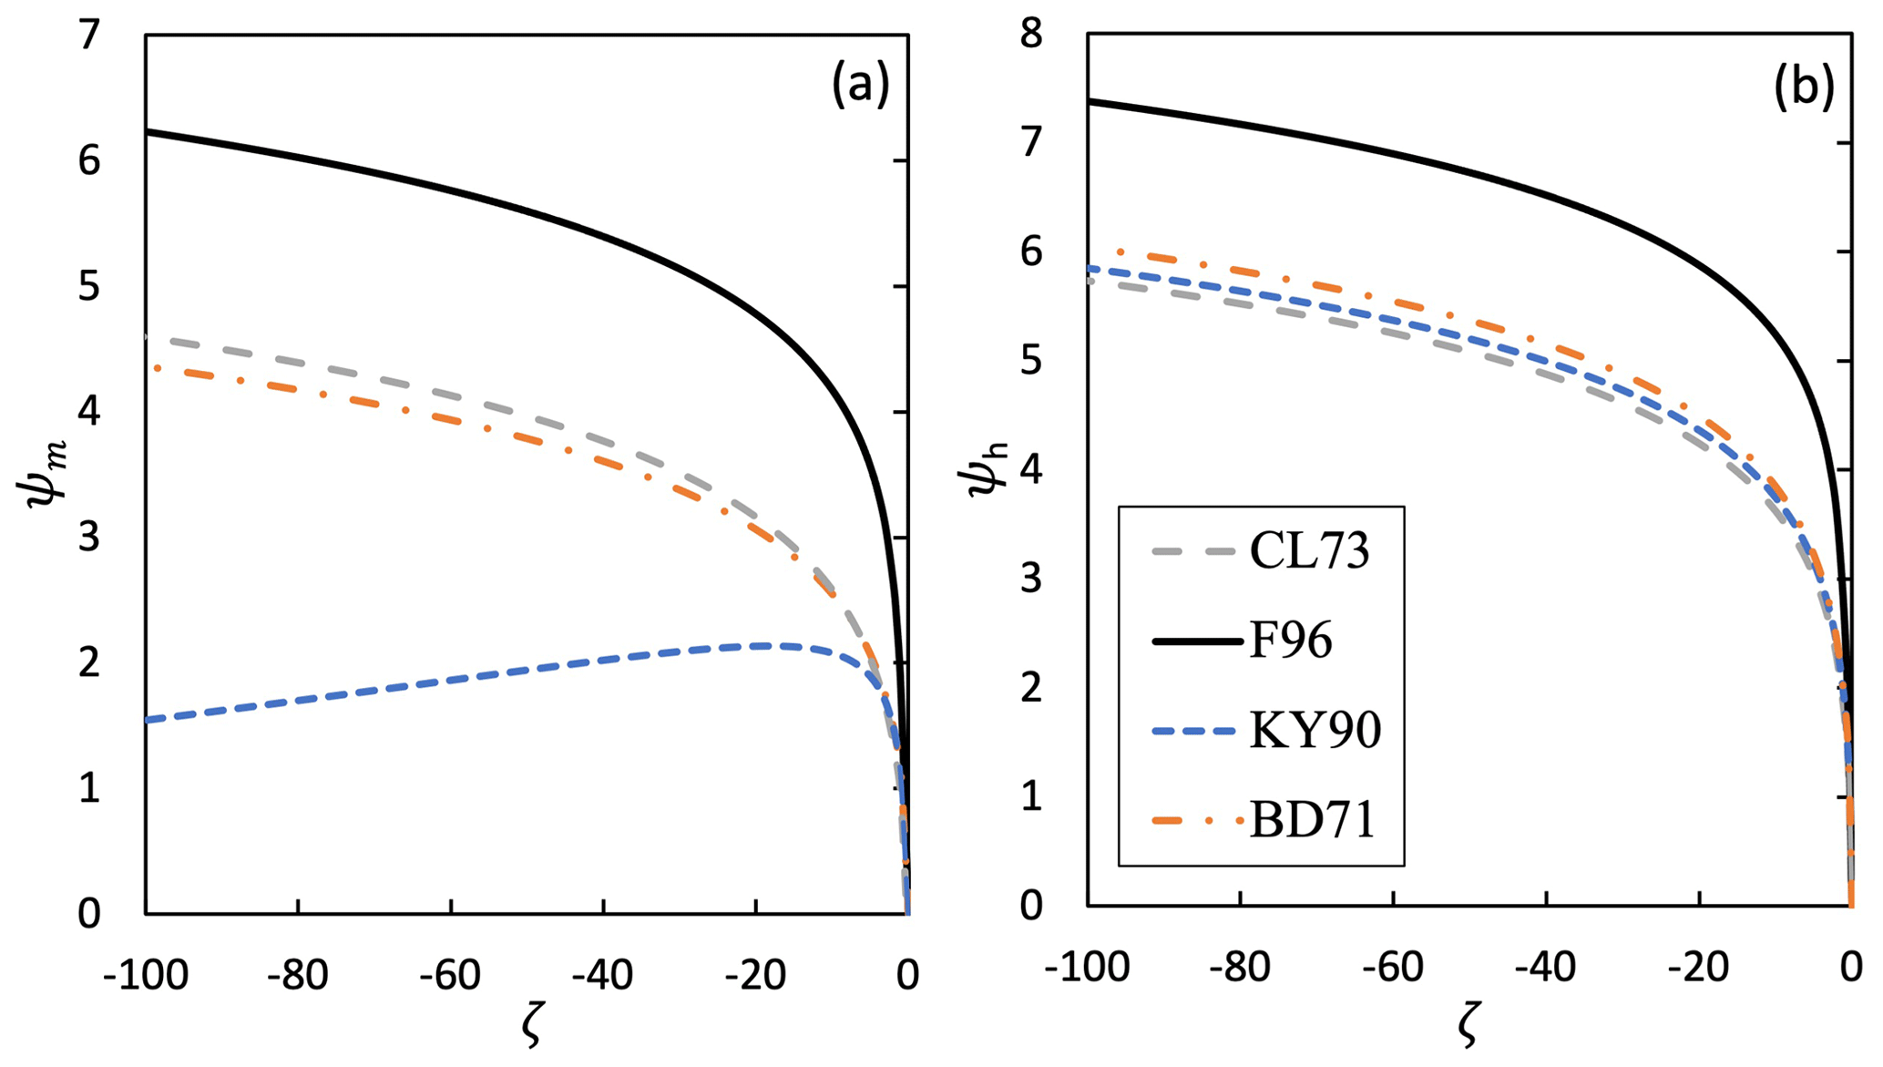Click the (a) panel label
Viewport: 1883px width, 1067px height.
coord(860,87)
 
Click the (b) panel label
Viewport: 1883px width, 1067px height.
coord(1804,88)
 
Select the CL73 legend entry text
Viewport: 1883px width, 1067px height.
coord(1309,550)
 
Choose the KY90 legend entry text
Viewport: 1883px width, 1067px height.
coord(1315,730)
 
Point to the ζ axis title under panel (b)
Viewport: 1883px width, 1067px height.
coord(1468,1026)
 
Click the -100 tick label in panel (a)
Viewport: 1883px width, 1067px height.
coord(146,976)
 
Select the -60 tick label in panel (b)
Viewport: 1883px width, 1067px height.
coord(1393,968)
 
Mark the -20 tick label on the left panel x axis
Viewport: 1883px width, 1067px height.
coord(755,976)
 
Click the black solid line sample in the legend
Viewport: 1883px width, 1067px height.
coord(1197,641)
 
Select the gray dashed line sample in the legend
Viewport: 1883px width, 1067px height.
coord(1197,551)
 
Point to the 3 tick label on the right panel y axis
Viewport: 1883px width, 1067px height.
coord(1031,578)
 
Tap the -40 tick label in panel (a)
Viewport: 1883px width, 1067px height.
coord(602,976)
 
